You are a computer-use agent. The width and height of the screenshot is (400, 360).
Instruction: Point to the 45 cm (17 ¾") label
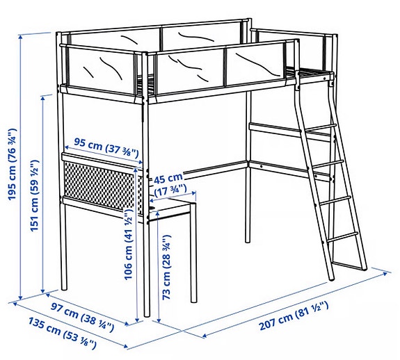click(x=169, y=183)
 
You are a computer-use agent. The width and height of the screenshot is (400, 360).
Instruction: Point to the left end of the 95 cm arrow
click(x=65, y=147)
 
